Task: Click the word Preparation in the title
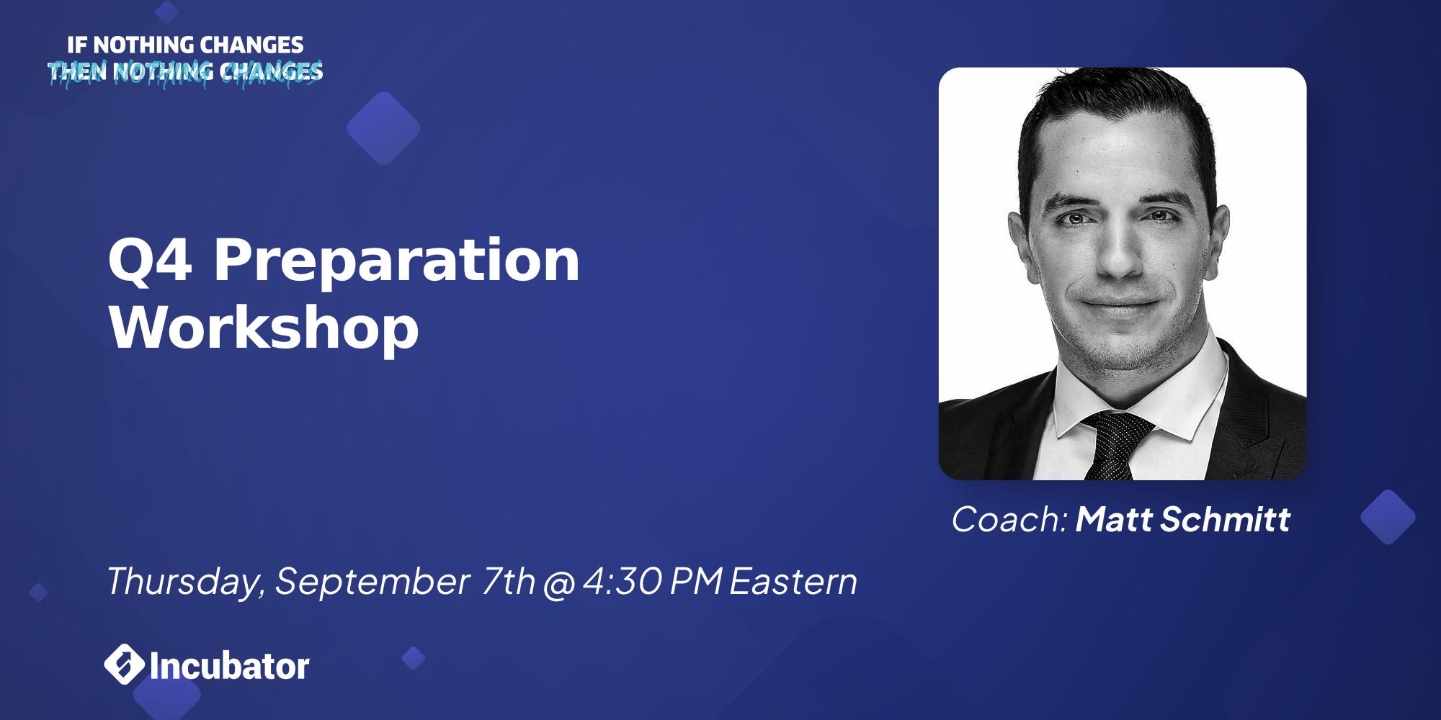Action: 397,263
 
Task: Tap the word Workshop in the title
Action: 264,328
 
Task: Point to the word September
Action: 372,581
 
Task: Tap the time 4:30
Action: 623,581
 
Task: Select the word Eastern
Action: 793,581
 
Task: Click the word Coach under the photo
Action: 1008,519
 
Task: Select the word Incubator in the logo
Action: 230,665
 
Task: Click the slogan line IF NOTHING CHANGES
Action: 185,45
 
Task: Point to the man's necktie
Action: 1112,446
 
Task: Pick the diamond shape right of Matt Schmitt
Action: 1387,517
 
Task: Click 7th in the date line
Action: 508,581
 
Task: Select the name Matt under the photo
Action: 1115,519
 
